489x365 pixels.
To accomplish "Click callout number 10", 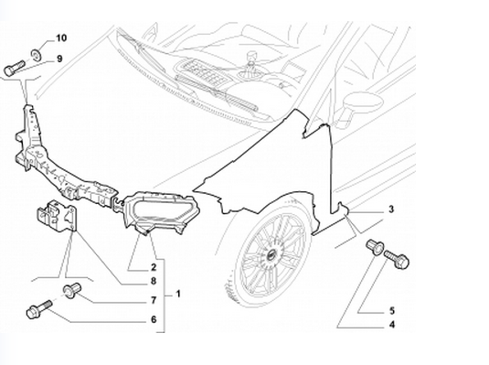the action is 61,38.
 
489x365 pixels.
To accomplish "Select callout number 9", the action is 59,59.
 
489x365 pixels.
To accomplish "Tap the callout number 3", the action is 391,209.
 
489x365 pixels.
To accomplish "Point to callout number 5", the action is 392,311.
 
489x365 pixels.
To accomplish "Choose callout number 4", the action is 392,325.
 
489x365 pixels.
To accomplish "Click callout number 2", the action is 154,267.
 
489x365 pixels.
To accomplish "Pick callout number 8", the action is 154,282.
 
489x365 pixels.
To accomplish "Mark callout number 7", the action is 154,300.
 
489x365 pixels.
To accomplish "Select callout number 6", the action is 154,320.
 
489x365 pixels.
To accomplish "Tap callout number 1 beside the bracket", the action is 178,294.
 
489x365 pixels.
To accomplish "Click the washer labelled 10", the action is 36,55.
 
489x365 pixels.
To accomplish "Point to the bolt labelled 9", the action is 14,68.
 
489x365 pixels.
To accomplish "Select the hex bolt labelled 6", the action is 39,309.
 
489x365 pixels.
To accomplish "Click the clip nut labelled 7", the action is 72,291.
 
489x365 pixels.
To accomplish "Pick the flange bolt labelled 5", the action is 397,259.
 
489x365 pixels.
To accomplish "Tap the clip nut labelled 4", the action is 375,247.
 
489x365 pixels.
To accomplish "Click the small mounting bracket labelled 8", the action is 57,217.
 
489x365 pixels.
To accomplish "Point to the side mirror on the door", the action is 361,105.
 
